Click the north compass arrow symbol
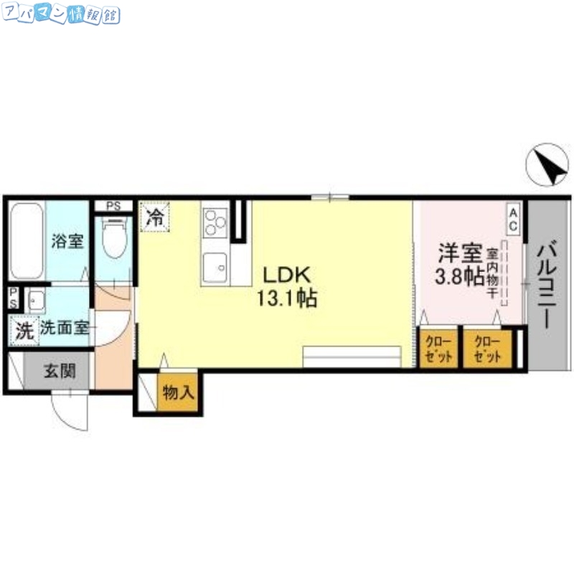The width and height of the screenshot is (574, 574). pyautogui.click(x=547, y=166)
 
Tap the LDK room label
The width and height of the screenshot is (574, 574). pyautogui.click(x=285, y=275)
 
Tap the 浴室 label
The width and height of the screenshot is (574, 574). pyautogui.click(x=67, y=242)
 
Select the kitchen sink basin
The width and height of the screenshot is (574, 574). pyautogui.click(x=215, y=268)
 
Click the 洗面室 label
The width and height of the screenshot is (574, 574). pyautogui.click(x=63, y=329)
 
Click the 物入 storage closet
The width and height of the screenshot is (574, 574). pyautogui.click(x=177, y=392)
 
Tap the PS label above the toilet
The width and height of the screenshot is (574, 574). pyautogui.click(x=113, y=206)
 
